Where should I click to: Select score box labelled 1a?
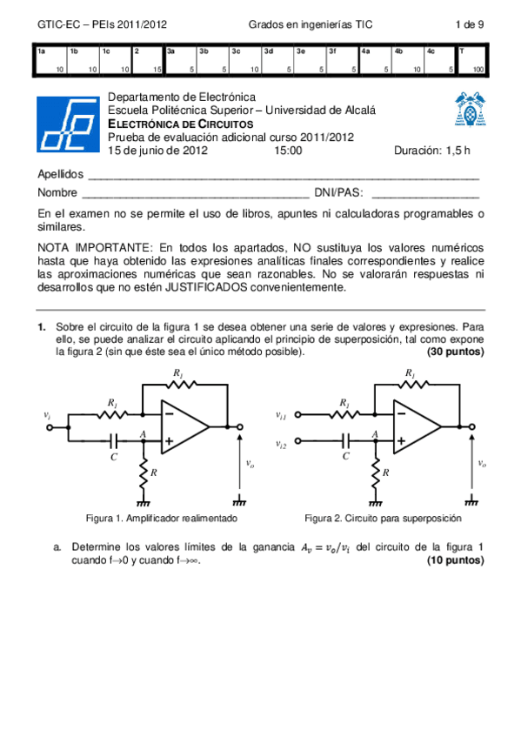point(51,61)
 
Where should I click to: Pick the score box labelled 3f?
point(343,61)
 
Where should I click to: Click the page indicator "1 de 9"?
point(470,24)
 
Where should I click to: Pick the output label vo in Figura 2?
point(482,464)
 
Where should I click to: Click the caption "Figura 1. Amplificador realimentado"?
point(162,518)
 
